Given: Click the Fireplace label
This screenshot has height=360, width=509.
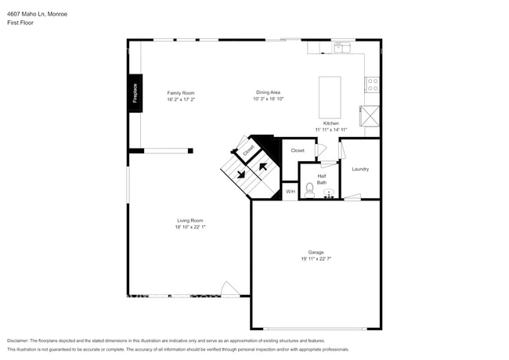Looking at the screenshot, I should [x=135, y=93].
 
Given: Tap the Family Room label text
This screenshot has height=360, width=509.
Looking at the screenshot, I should [x=180, y=93].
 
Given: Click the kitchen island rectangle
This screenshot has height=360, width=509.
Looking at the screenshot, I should [x=330, y=95].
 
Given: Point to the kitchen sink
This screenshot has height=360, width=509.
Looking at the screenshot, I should [x=343, y=48].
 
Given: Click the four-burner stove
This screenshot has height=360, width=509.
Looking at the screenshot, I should [x=372, y=83].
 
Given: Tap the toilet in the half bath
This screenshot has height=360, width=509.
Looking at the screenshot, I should [x=309, y=189].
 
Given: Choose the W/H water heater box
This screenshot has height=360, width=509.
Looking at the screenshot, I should [x=290, y=192].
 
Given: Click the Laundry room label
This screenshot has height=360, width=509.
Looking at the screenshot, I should [x=360, y=169].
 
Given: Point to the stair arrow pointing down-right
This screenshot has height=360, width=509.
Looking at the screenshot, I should [x=241, y=175].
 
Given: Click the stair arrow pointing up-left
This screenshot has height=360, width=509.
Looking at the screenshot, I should [x=263, y=165].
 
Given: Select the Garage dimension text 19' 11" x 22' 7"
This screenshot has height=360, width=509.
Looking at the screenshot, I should [x=316, y=259].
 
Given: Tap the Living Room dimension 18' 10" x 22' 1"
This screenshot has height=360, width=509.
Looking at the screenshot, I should [x=190, y=228].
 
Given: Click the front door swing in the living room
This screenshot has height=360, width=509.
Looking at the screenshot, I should [x=229, y=289].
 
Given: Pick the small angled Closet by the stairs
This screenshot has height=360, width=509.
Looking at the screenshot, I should [x=248, y=149].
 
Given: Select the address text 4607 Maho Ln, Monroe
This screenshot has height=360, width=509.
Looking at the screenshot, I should [x=37, y=13].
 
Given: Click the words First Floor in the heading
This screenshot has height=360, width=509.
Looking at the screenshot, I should [x=22, y=23].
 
